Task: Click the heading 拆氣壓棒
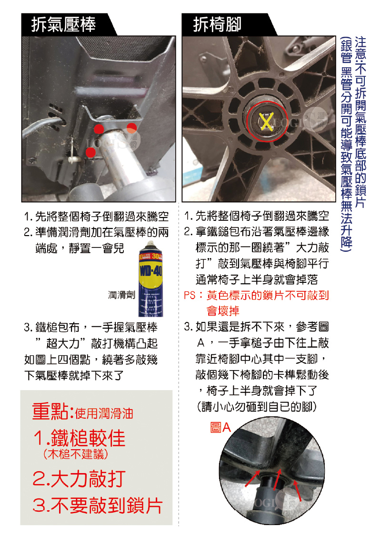[63, 25]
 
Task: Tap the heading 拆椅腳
[217, 25]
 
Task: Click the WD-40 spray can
[151, 279]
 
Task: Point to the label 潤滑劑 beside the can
[122, 295]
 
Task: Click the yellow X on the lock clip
[267, 121]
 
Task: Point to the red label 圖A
[220, 427]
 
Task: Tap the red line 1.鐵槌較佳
[80, 438]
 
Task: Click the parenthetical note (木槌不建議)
[76, 454]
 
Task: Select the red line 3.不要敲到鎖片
[98, 505]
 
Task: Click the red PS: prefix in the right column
[193, 295]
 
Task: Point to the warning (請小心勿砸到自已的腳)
[257, 406]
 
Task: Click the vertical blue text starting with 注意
[361, 122]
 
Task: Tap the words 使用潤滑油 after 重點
[104, 413]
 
